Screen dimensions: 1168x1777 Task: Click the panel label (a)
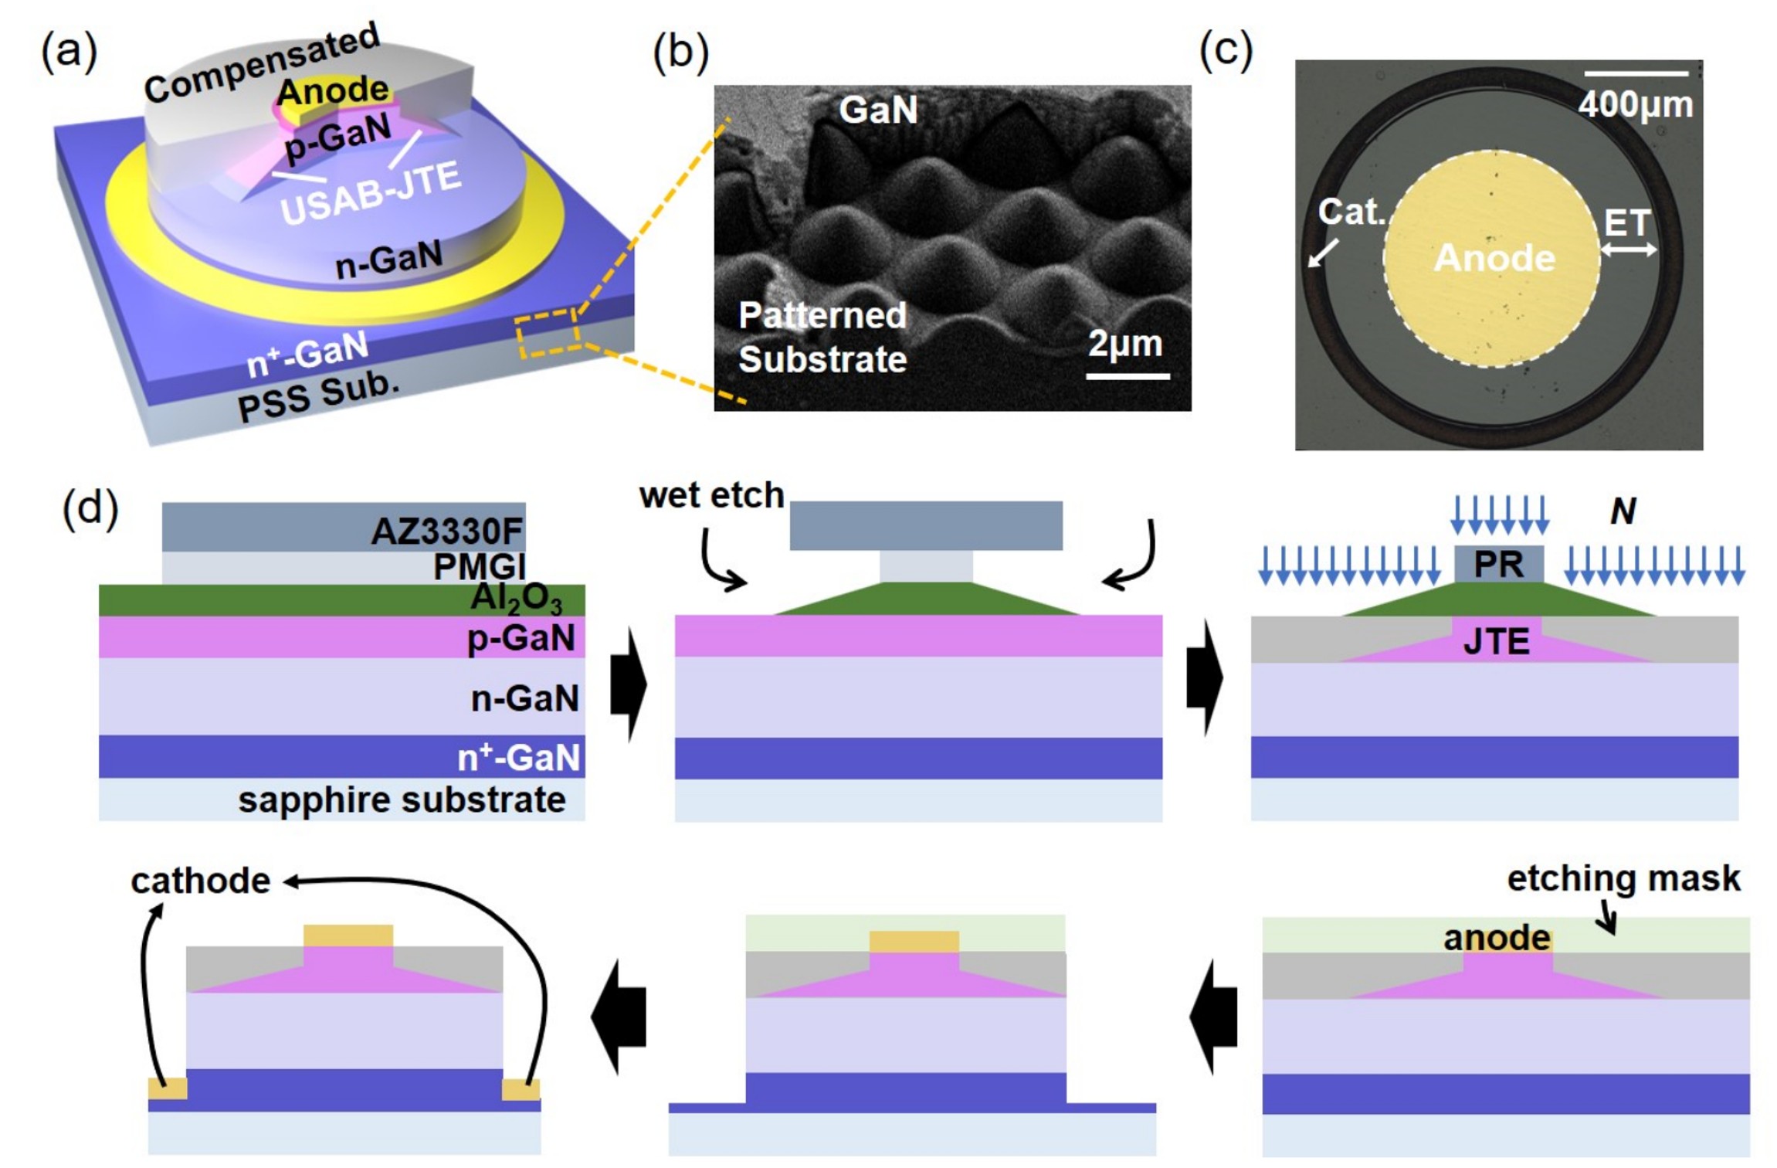click(x=69, y=53)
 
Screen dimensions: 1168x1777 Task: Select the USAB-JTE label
click(x=371, y=193)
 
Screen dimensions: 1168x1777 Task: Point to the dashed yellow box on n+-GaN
click(x=548, y=333)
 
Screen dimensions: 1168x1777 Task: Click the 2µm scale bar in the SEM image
click(x=1128, y=376)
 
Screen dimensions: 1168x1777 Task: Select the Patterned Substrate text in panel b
click(x=822, y=338)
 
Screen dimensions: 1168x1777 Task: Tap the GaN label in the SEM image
click(x=878, y=110)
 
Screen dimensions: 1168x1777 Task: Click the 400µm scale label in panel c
click(x=1635, y=104)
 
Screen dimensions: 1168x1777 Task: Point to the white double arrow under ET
click(x=1628, y=250)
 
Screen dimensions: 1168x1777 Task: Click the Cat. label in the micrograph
click(x=1351, y=212)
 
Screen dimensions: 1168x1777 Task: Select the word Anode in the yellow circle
click(x=1494, y=258)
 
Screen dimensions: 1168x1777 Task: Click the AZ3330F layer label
click(x=446, y=531)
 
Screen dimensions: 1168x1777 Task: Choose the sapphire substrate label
click(x=402, y=800)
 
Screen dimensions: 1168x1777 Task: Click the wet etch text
click(x=711, y=495)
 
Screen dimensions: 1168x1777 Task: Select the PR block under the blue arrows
click(x=1498, y=565)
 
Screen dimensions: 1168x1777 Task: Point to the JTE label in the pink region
click(x=1496, y=642)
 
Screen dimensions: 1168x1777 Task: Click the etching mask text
click(x=1623, y=878)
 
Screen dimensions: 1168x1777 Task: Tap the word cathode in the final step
click(x=201, y=881)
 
